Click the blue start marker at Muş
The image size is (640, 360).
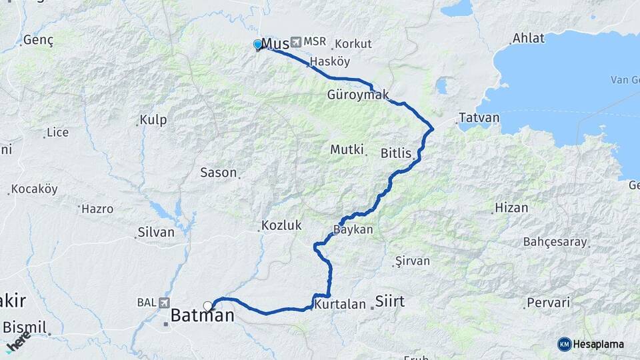pos(257,45)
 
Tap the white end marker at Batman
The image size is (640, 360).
pos(208,306)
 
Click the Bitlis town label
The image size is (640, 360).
pos(396,153)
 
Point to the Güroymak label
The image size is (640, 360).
pos(358,95)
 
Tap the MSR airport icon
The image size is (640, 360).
pos(295,42)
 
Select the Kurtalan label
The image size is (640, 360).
pos(340,305)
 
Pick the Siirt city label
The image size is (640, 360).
pos(390,301)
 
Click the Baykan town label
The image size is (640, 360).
pos(353,229)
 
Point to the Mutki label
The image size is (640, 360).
pos(347,149)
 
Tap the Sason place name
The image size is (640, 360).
pos(219,173)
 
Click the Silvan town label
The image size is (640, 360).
pos(155,233)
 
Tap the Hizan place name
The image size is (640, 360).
pos(511,208)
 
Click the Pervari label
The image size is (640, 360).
pos(548,303)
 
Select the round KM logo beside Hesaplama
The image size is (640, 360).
pos(564,344)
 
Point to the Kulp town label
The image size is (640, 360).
pos(153,121)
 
